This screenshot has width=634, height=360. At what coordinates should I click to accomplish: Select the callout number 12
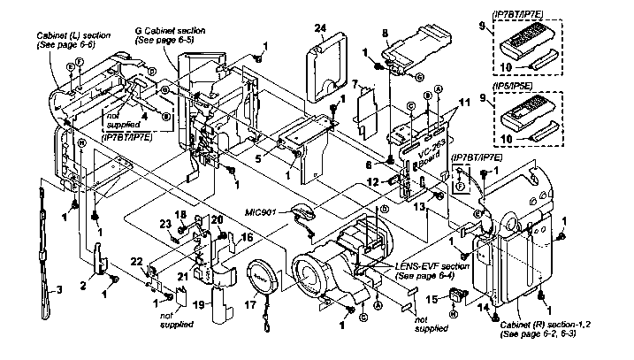373,181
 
